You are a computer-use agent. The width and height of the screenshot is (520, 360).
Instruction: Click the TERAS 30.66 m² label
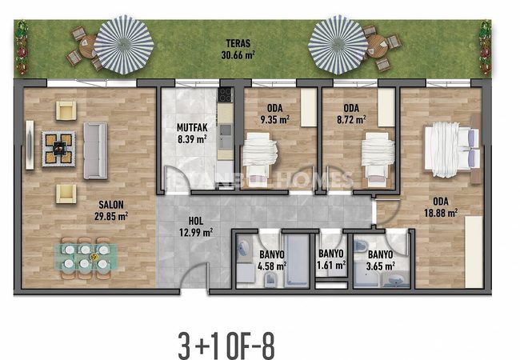238,49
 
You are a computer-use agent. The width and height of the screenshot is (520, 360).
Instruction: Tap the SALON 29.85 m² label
111,210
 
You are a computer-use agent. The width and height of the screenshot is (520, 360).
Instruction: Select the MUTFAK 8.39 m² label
192,133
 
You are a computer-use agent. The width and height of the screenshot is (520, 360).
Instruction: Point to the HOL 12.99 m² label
196,226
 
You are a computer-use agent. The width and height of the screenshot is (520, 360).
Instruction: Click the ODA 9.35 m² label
275,114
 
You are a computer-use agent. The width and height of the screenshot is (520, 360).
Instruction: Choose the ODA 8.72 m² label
351,114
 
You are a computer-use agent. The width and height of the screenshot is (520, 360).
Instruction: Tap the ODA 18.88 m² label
441,207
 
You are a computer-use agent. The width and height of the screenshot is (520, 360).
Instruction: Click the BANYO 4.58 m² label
272,260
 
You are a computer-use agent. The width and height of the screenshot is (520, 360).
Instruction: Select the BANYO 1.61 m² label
331,259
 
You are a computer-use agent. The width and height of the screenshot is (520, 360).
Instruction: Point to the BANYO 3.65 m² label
380,260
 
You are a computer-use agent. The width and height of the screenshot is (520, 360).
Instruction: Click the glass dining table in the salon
86,257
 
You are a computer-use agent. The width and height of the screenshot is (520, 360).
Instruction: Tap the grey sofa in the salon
95,150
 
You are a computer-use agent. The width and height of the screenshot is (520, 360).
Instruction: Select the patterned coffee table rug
58,149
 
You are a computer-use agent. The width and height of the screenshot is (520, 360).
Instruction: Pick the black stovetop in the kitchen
226,94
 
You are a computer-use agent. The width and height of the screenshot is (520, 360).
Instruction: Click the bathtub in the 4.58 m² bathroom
297,260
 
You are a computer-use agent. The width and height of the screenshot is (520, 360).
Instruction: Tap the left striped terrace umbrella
124,45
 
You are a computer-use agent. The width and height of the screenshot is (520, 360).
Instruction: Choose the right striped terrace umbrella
338,45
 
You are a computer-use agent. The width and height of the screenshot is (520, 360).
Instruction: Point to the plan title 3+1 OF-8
227,346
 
